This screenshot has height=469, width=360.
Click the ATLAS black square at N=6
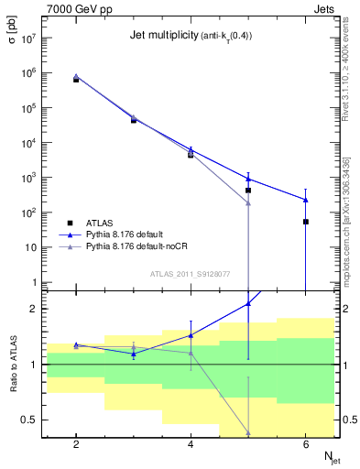tap(305, 222)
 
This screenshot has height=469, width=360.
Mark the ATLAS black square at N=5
tap(248, 191)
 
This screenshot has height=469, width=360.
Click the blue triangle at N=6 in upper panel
tap(305, 200)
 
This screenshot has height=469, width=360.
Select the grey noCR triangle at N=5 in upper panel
tap(248, 202)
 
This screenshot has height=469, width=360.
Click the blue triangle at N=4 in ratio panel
tap(191, 335)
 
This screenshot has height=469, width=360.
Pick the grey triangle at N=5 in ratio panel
tap(248, 432)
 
